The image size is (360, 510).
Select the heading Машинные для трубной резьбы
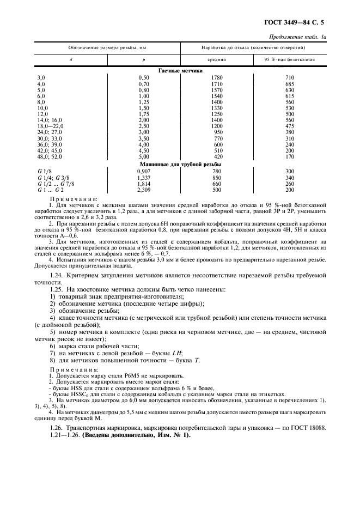point(180,164)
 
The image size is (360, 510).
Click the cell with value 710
point(290,78)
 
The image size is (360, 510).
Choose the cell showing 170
point(290,156)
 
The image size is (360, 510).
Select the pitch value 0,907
point(144,171)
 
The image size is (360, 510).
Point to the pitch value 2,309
point(144,190)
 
